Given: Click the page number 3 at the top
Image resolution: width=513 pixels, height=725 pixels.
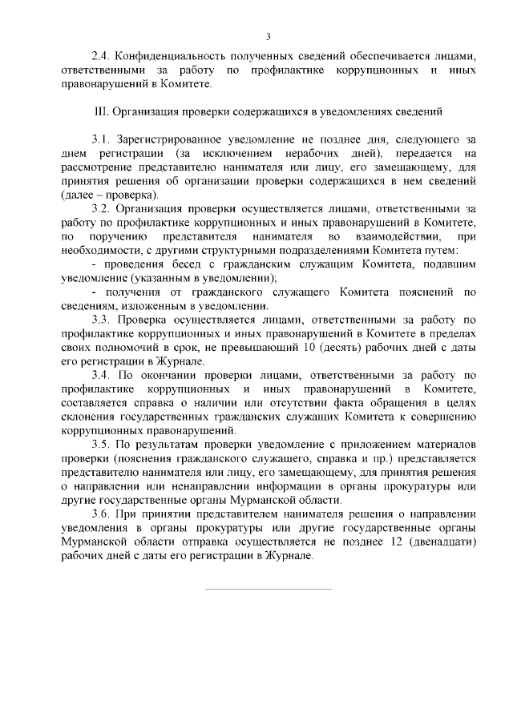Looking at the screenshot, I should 268,36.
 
